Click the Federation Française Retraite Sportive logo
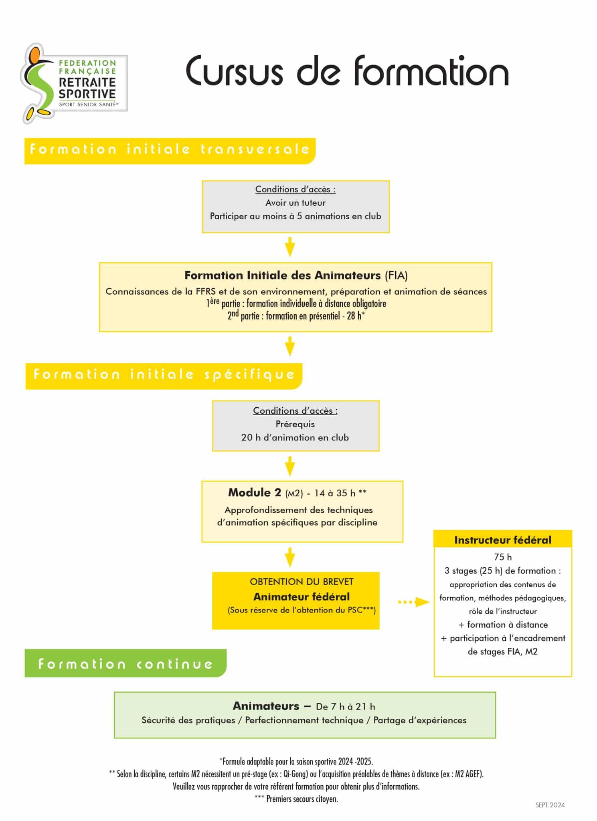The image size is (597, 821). (x=74, y=83)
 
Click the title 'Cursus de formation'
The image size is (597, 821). (x=347, y=71)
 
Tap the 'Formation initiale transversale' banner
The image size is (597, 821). (x=170, y=151)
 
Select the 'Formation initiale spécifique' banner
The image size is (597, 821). (x=164, y=376)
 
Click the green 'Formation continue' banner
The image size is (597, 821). (x=125, y=663)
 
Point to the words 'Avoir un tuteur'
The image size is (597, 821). (x=295, y=203)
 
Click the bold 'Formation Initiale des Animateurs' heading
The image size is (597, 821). (x=282, y=275)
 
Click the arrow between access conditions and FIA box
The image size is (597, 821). (x=290, y=247)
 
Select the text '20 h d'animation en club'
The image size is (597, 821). (x=295, y=437)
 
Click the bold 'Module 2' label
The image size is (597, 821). (x=255, y=493)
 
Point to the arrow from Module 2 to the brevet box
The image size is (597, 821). (x=290, y=557)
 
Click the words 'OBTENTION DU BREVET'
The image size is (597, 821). (x=302, y=582)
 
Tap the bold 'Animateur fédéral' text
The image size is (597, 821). (x=302, y=597)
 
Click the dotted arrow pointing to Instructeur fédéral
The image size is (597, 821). (x=413, y=602)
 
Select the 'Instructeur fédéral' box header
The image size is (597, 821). (x=503, y=540)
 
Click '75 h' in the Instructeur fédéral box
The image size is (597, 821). (x=503, y=557)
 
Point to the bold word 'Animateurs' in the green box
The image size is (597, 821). (x=266, y=706)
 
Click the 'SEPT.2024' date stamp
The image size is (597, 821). (x=550, y=805)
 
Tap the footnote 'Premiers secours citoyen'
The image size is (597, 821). (x=302, y=799)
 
